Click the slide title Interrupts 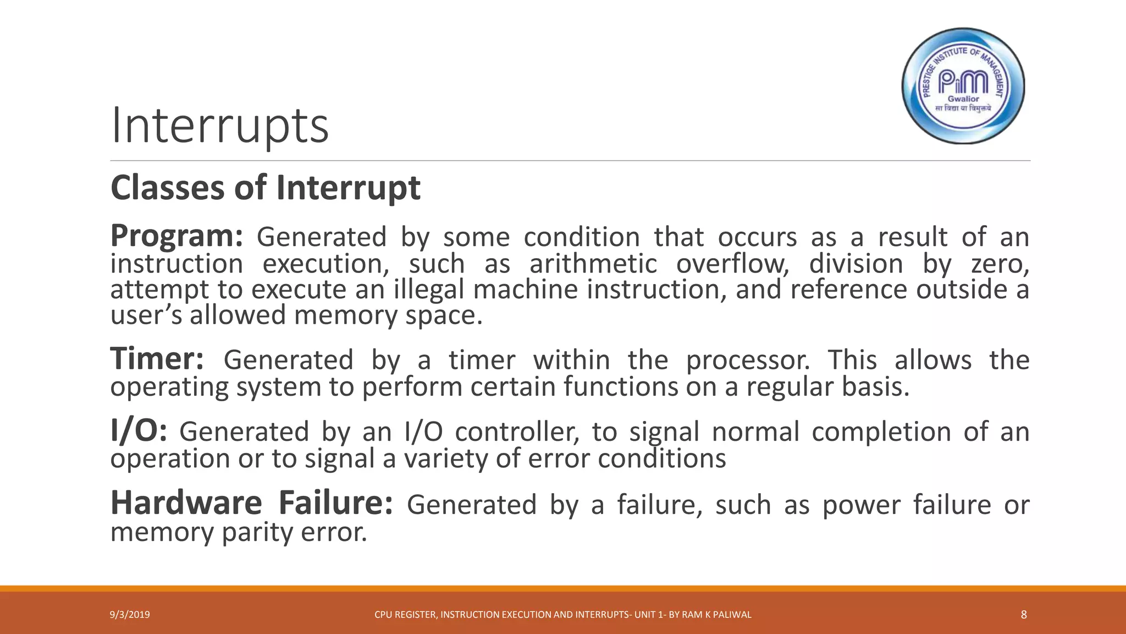(220, 126)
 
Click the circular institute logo (963, 86)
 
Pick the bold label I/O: (139, 431)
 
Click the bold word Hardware (186, 504)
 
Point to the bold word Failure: (335, 504)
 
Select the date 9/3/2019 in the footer (130, 615)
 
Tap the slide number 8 (1023, 615)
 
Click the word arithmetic (593, 264)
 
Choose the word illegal (429, 289)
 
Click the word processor (748, 360)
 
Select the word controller (517, 432)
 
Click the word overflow (732, 264)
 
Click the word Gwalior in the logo (963, 99)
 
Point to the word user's (146, 315)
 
